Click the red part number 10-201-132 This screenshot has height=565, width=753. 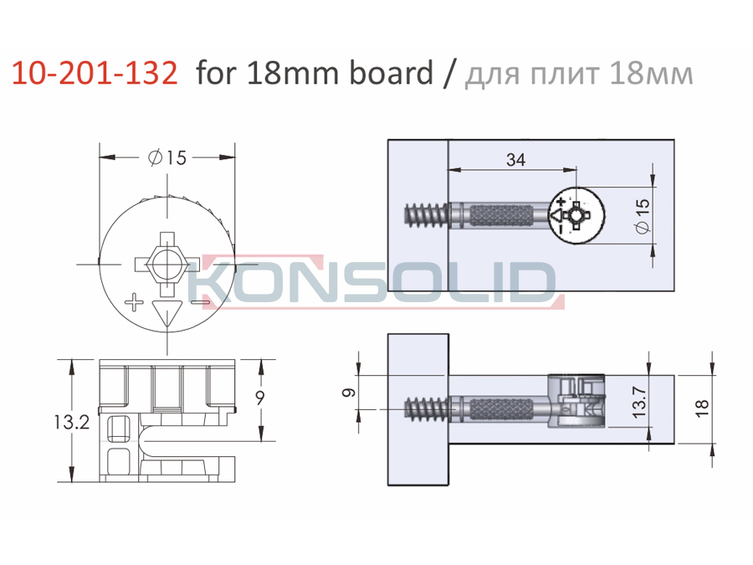[95, 74]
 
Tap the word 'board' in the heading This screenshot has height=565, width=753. [392, 73]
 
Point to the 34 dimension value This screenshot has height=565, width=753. [515, 160]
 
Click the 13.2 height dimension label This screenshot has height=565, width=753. [72, 423]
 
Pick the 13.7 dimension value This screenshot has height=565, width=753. [640, 401]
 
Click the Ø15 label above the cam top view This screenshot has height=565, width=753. [167, 157]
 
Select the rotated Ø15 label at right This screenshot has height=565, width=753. [643, 216]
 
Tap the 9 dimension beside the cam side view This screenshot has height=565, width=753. [260, 398]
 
